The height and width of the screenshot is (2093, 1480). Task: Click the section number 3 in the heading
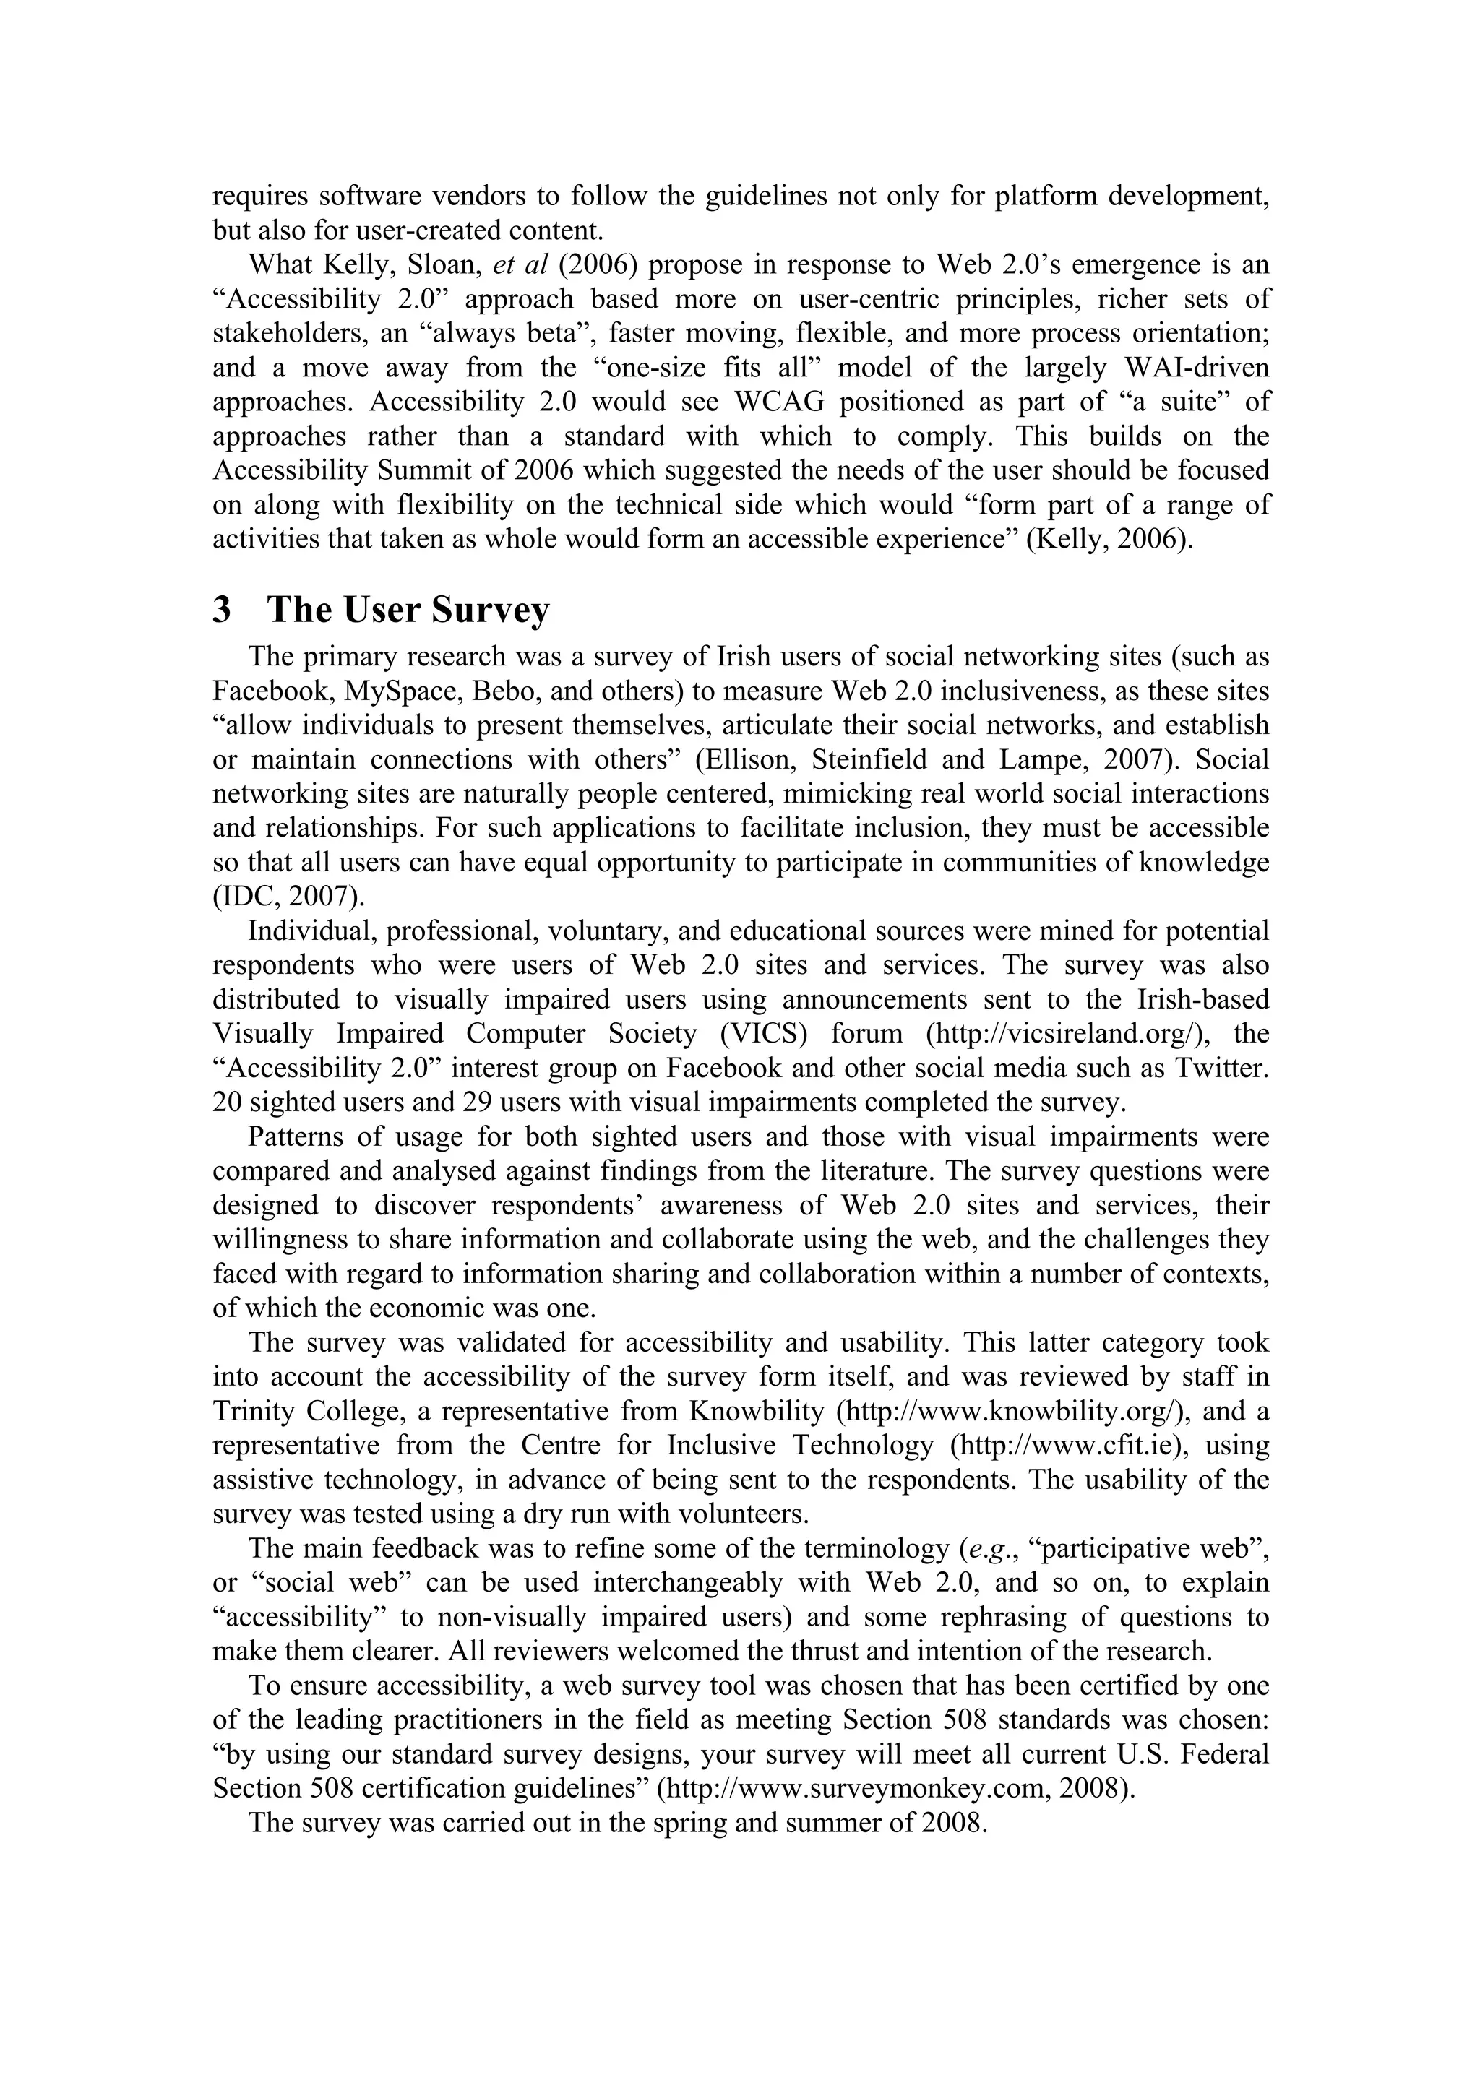[x=222, y=610]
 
